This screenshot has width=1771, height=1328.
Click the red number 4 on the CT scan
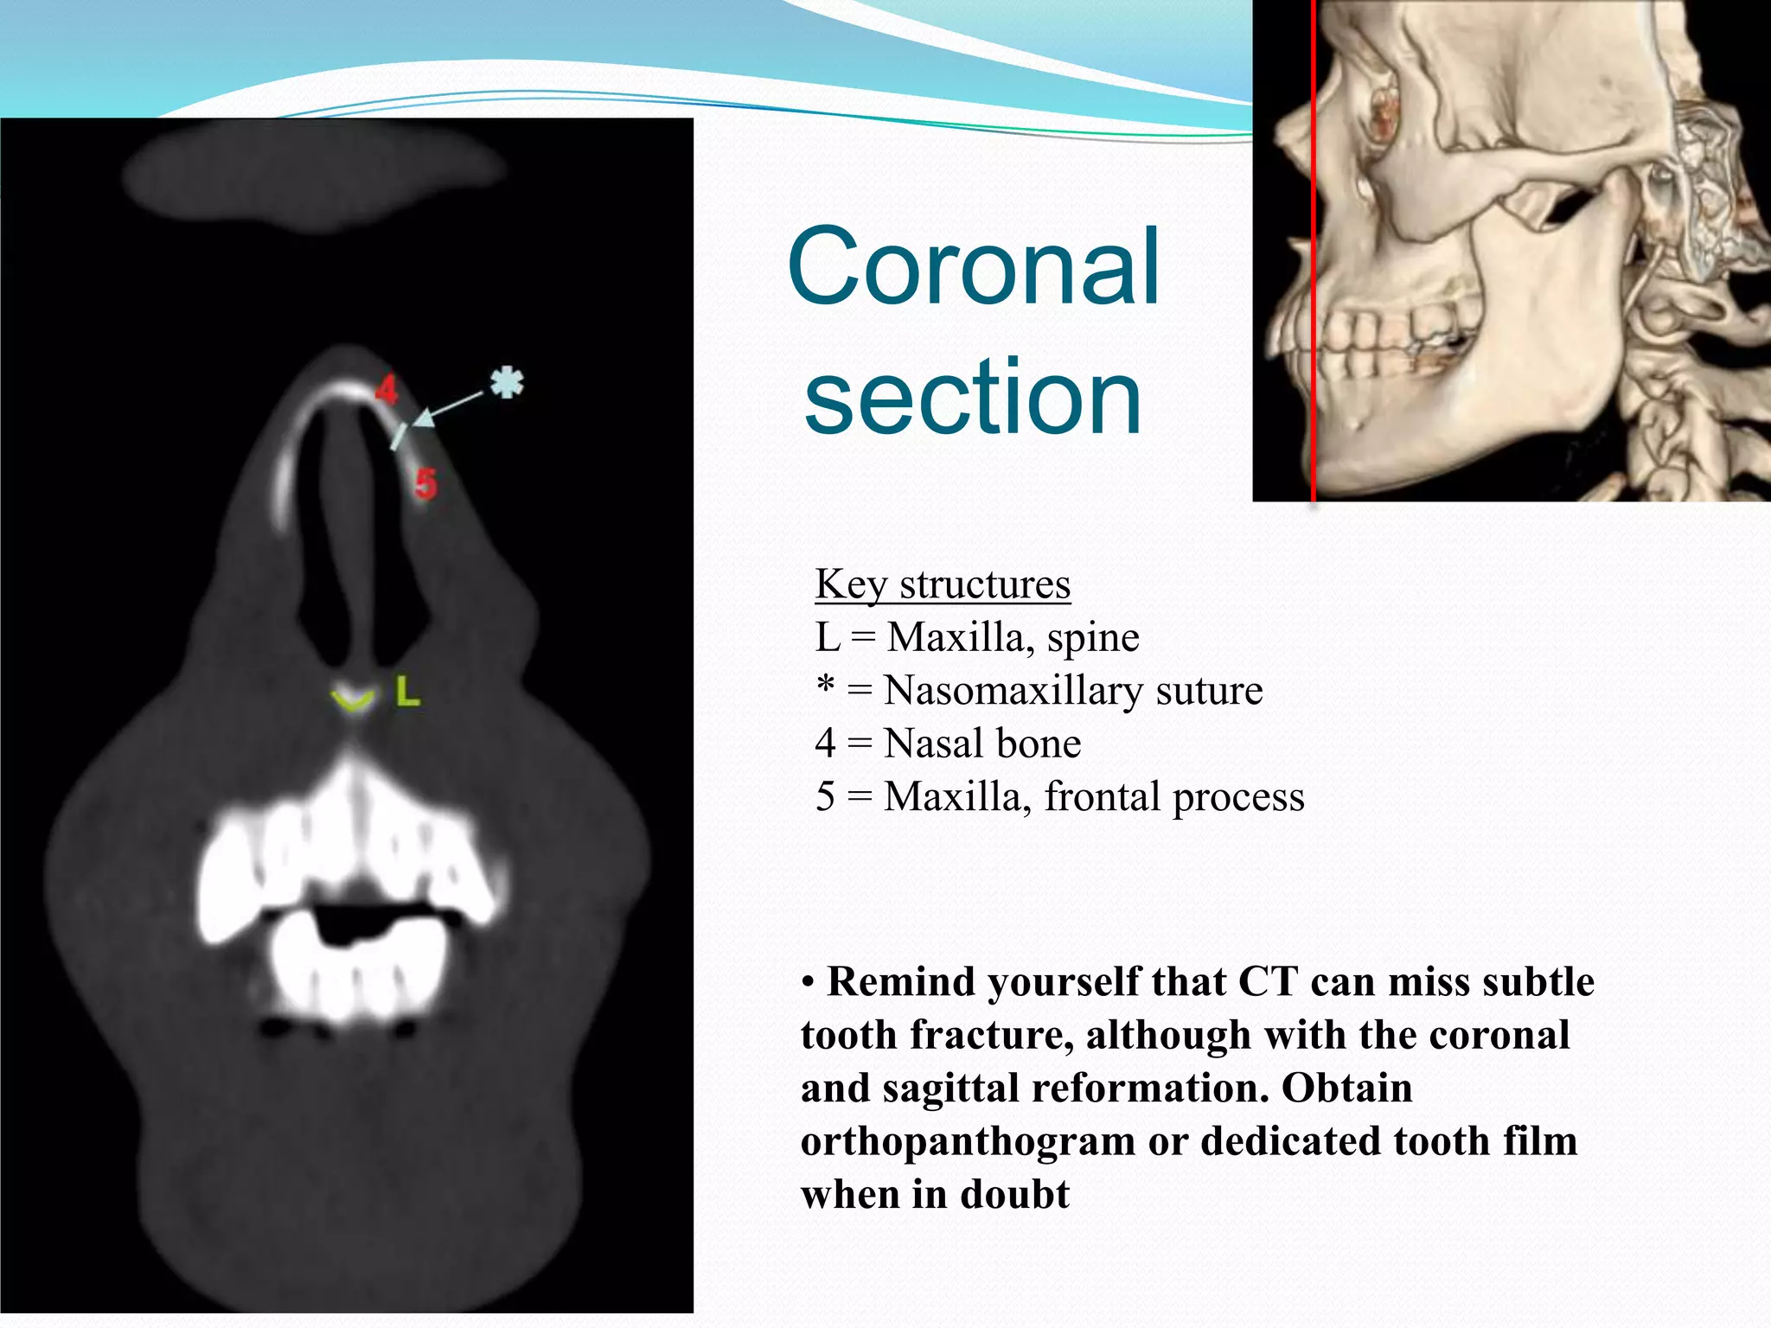387,389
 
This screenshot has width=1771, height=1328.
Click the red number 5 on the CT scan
425,483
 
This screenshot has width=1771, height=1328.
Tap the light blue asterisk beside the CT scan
507,382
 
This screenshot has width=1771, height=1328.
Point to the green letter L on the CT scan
408,692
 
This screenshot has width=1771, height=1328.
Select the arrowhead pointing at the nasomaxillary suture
423,418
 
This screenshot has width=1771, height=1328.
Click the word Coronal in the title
974,267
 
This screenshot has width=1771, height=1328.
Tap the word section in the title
973,399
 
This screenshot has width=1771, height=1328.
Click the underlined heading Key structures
943,584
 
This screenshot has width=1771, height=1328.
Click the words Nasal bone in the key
982,744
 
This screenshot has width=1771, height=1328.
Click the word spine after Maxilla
1093,638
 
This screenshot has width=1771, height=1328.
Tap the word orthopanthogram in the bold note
968,1141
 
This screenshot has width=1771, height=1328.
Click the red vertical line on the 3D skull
1314,259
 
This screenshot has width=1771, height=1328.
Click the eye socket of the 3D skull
1384,112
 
